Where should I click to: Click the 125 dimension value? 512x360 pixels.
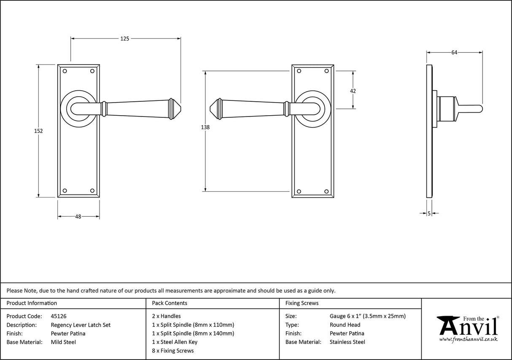click(124, 38)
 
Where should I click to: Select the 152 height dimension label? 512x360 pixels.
click(38, 131)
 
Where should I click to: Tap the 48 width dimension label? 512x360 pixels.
click(78, 217)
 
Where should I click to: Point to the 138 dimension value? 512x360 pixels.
click(205, 127)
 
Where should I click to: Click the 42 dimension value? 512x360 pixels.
click(353, 91)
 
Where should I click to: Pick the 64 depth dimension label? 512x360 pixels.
click(454, 52)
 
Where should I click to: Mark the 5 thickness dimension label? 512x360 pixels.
click(429, 214)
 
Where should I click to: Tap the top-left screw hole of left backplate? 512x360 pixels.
click(65, 71)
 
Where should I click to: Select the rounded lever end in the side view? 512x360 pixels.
click(480, 109)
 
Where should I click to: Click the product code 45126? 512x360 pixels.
click(59, 316)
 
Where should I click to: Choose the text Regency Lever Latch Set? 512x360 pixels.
click(81, 325)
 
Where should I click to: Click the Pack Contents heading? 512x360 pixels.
click(169, 303)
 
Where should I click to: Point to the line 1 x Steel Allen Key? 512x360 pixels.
click(175, 342)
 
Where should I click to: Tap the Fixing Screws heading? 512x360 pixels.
click(302, 303)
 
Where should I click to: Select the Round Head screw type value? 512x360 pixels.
click(345, 325)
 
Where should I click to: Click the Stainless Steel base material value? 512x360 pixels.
click(347, 342)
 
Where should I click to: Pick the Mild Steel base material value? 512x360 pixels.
click(63, 342)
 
